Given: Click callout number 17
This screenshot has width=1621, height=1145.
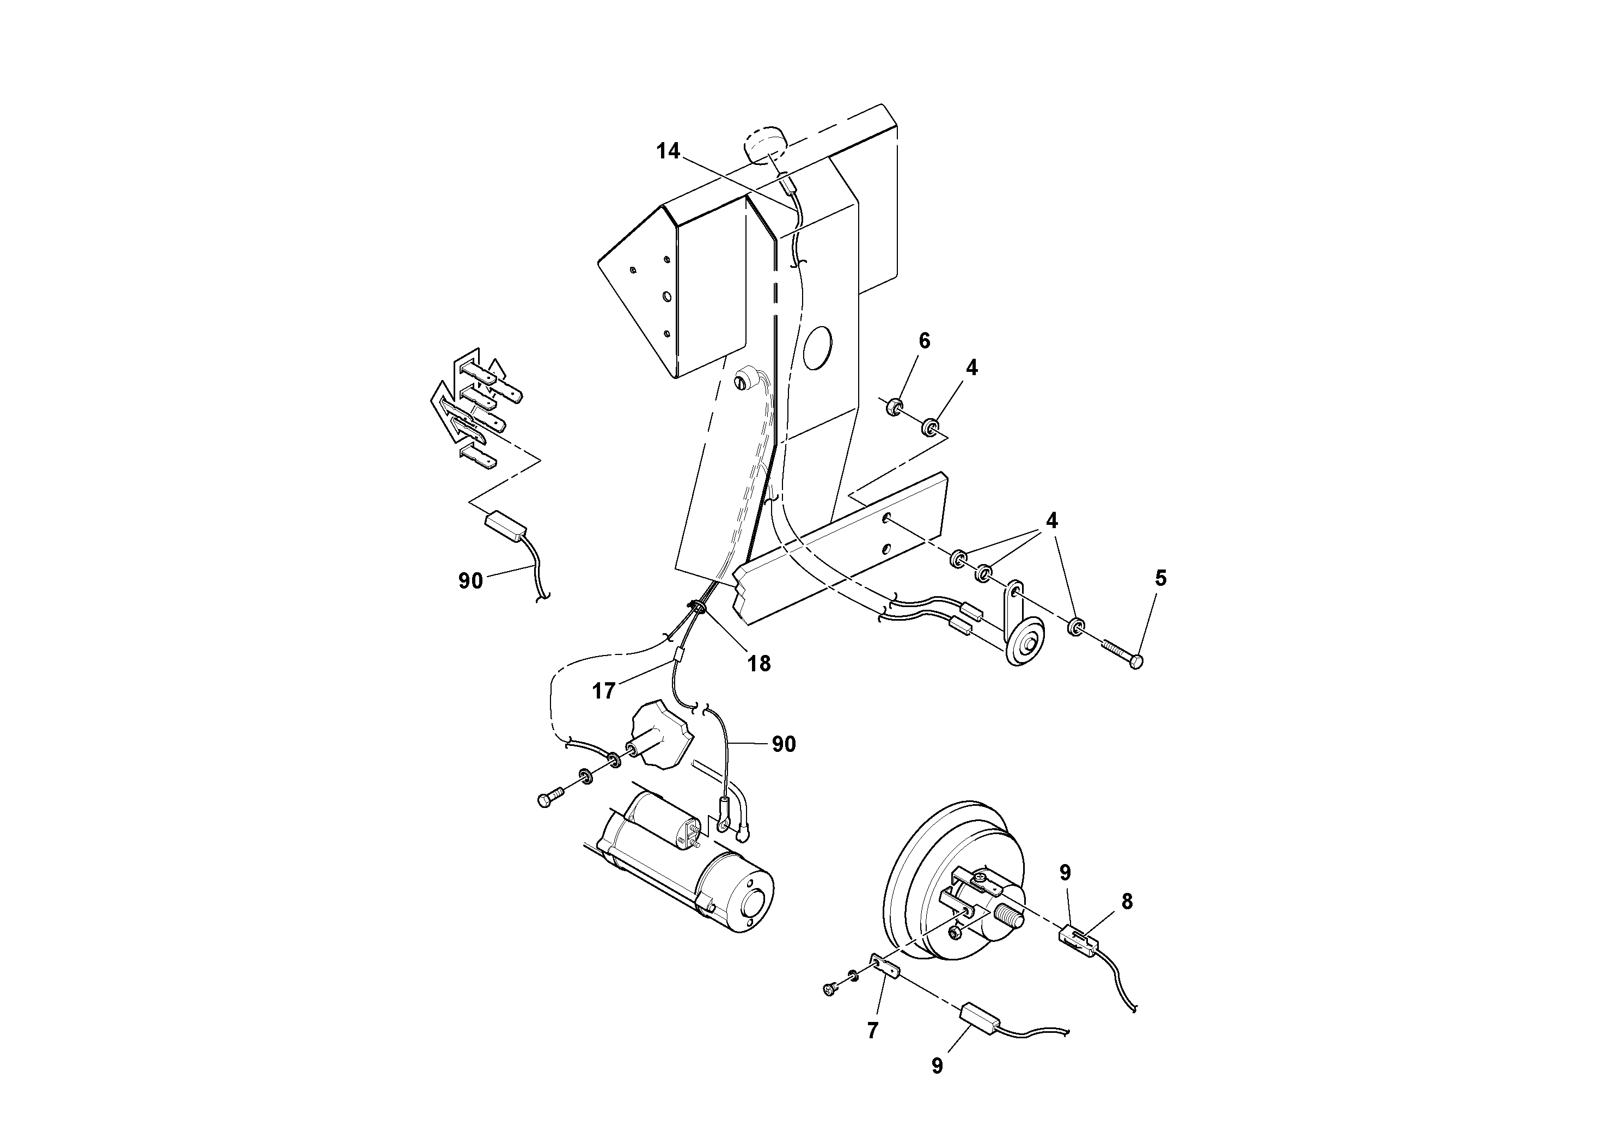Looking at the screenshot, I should (x=604, y=690).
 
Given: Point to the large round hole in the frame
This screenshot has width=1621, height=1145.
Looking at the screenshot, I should (x=817, y=347).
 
